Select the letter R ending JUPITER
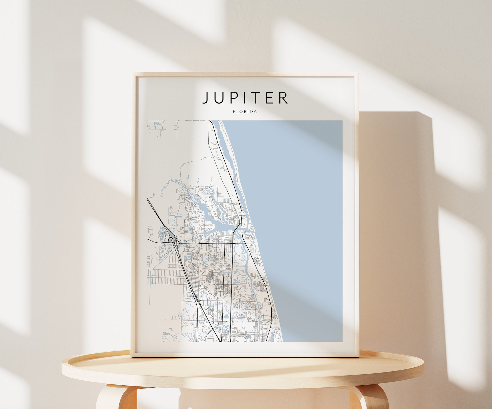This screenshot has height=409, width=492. [283, 98]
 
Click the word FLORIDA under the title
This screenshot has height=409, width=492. [245, 112]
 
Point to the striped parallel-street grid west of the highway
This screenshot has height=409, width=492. [167, 277]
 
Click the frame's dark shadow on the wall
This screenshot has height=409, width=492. [400, 228]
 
